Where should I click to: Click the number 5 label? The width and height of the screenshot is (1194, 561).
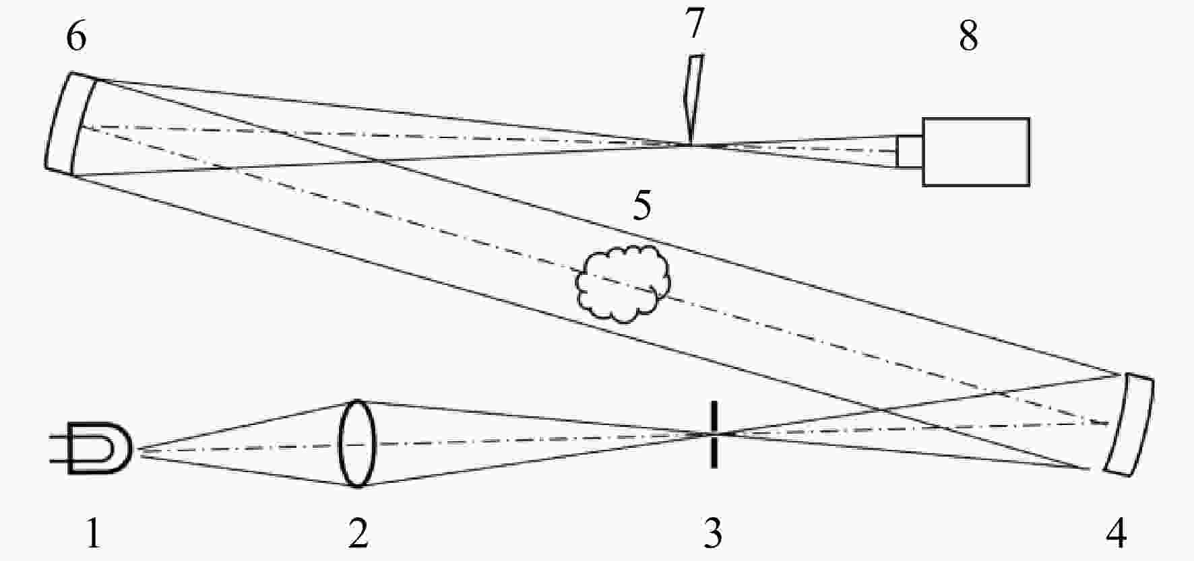click(641, 205)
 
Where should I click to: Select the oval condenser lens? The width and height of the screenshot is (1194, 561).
click(356, 443)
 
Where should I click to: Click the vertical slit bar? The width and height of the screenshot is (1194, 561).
click(713, 434)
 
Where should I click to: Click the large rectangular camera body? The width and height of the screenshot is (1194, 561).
click(976, 152)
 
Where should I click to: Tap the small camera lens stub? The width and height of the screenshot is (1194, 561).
click(909, 152)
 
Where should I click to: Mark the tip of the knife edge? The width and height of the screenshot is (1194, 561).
click(691, 143)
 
